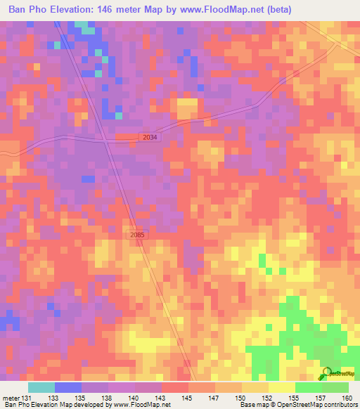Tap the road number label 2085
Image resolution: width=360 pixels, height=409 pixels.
pyautogui.click(x=139, y=235)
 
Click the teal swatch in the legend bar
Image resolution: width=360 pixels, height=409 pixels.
pyautogui.click(x=41, y=387)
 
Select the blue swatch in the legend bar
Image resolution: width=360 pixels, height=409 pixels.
pyautogui.click(x=68, y=387)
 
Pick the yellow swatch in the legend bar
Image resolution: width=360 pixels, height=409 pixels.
pyautogui.click(x=282, y=387)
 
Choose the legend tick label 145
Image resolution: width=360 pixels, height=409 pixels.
pyautogui.click(x=186, y=397)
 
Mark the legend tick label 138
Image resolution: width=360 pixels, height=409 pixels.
pyautogui.click(x=108, y=397)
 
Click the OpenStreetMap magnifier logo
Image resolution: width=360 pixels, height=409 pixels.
pyautogui.click(x=326, y=373)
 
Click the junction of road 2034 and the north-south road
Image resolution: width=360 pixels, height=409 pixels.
pyautogui.click(x=106, y=140)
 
